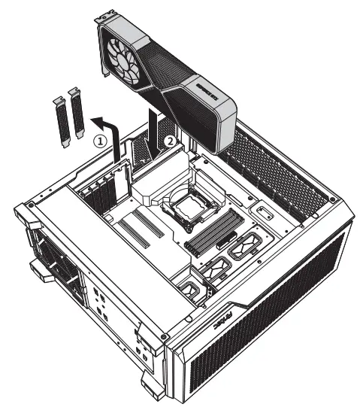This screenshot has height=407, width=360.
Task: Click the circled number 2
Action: click(x=171, y=140)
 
